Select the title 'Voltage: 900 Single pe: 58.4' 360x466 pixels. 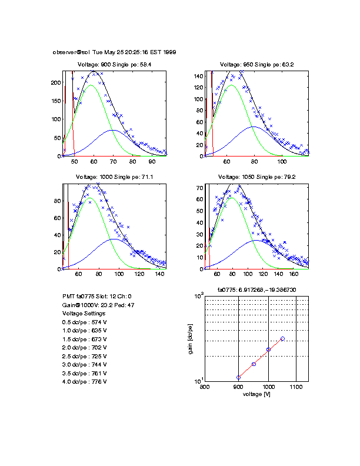pyautogui.click(x=115, y=65)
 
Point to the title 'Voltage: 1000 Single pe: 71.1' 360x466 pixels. pyautogui.click(x=115, y=177)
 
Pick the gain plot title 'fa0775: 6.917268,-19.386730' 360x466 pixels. pyautogui.click(x=256, y=290)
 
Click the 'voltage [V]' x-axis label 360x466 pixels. pyautogui.click(x=256, y=394)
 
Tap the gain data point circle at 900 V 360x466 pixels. pyautogui.click(x=238, y=377)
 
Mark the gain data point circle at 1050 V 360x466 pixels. pyautogui.click(x=283, y=338)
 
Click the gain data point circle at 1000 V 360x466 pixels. pyautogui.click(x=268, y=349)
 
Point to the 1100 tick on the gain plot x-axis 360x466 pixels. pyautogui.click(x=296, y=387)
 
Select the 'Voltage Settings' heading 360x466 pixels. pyautogui.click(x=84, y=314)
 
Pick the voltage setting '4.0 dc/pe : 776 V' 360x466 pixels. pyautogui.click(x=86, y=382)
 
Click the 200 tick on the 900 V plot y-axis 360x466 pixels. pyautogui.click(x=56, y=84)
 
